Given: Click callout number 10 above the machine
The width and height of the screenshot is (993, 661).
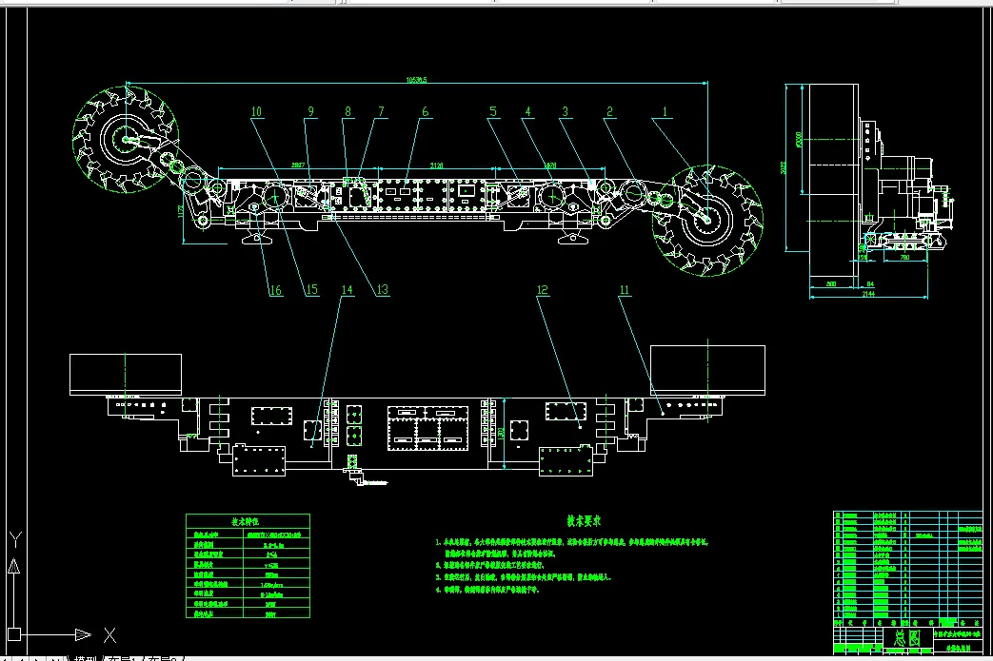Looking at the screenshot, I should [256, 111].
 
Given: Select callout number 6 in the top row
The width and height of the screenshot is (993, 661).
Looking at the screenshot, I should [425, 111].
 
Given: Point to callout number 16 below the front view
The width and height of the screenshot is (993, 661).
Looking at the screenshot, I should [274, 290].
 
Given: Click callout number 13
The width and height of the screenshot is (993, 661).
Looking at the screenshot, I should [382, 290].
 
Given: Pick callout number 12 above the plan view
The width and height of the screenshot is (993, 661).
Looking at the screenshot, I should [544, 290].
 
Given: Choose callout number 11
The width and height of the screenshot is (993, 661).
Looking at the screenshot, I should [625, 290].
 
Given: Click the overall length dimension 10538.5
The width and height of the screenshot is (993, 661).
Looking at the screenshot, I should [415, 80].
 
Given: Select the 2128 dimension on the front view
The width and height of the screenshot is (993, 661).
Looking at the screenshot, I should [436, 165].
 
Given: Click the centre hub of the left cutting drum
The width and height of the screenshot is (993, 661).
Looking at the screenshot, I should [125, 139].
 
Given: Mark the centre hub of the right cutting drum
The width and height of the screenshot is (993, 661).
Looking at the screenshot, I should [707, 217].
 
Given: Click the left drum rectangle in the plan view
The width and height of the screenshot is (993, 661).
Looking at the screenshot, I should [127, 370].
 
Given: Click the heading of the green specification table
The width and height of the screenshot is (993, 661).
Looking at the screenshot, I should [247, 521].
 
